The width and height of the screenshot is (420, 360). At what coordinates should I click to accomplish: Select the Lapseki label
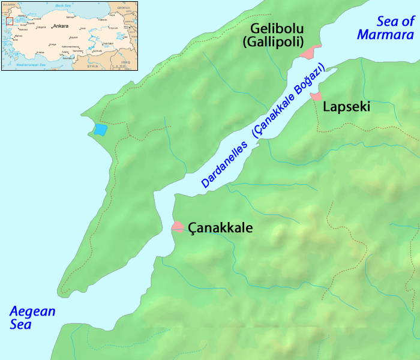[x=346, y=107]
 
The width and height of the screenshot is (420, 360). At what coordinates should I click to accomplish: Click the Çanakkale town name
[x=220, y=228]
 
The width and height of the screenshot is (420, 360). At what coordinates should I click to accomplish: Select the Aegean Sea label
[x=32, y=318]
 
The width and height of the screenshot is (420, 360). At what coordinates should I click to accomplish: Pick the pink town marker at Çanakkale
[x=178, y=227]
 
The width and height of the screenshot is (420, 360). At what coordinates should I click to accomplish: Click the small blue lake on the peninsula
[x=100, y=129]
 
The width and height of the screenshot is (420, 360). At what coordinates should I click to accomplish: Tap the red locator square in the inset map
[x=10, y=22]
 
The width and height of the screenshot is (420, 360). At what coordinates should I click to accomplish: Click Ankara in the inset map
[x=61, y=26]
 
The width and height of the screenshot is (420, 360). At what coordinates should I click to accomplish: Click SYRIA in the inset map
[x=92, y=65]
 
